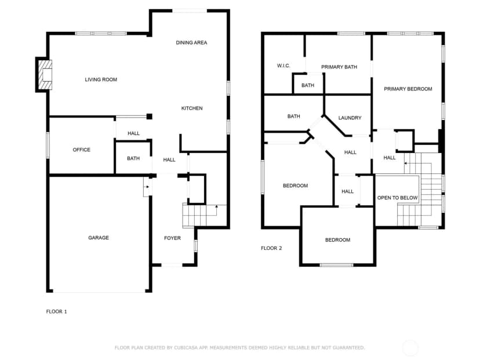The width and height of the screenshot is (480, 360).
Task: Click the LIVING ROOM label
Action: coord(101,79)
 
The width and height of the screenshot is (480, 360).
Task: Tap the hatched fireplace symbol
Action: coord(45,75)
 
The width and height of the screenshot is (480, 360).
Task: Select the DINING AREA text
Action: coord(191,42)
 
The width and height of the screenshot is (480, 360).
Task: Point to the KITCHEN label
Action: coord(192,108)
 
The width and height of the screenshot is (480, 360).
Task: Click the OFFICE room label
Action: coord(81,150)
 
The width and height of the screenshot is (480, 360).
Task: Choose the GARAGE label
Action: coord(99,238)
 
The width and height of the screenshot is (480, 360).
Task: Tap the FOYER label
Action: coord(172,238)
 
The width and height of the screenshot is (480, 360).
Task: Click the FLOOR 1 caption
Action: coord(56,311)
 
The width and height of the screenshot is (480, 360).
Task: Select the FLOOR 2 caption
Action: coord(271,248)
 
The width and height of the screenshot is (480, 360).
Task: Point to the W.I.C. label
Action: coord(283,66)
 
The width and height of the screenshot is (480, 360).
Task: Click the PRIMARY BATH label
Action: coord(339,67)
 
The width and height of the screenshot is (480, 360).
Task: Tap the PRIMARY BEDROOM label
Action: coord(408,89)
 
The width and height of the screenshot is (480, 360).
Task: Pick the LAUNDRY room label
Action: coord(350,118)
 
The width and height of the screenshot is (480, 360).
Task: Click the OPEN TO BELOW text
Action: coord(397,198)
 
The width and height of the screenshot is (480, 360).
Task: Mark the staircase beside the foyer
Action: coord(204,216)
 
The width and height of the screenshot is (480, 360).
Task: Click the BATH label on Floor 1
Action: coord(133,158)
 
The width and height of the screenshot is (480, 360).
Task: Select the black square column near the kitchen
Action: coord(150,117)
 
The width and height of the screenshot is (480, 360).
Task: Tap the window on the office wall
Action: coord(48,145)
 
